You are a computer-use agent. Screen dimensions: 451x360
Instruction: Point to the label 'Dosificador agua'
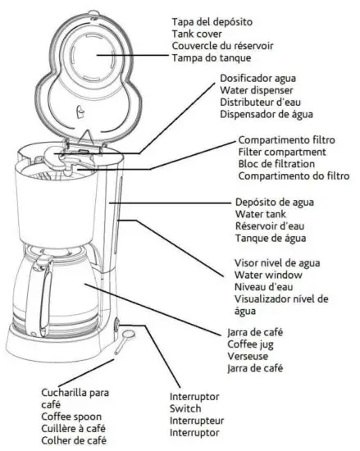coord(258,78)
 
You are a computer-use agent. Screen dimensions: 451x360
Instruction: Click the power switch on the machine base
coord(116,326)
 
